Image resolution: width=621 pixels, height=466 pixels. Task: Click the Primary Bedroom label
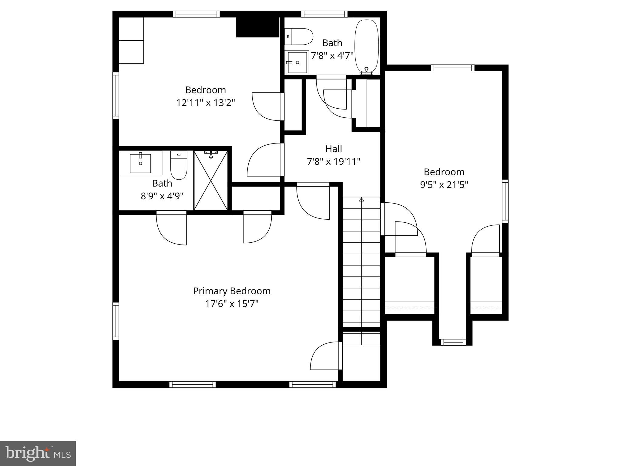232,291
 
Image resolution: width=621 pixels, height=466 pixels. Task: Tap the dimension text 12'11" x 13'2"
206,103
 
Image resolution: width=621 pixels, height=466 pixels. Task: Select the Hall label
334,149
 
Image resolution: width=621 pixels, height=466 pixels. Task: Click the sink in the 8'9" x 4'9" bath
140,163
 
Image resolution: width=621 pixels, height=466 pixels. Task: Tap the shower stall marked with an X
211,180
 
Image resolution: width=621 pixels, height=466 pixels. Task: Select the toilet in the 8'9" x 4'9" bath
179,165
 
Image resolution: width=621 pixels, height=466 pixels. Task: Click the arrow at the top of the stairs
361,200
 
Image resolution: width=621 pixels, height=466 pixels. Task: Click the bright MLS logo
38,454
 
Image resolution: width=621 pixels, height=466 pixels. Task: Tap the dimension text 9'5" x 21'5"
444,185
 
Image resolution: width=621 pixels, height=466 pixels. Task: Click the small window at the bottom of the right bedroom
453,342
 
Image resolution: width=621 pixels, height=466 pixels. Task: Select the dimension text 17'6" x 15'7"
232,304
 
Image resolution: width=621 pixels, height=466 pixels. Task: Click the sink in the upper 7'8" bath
297,62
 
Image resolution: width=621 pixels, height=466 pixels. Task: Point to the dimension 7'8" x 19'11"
334,162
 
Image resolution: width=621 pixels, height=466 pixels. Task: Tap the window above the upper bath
324,14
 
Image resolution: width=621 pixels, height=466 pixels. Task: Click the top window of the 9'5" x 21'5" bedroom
453,68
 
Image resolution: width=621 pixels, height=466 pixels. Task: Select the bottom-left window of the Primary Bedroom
192,384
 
